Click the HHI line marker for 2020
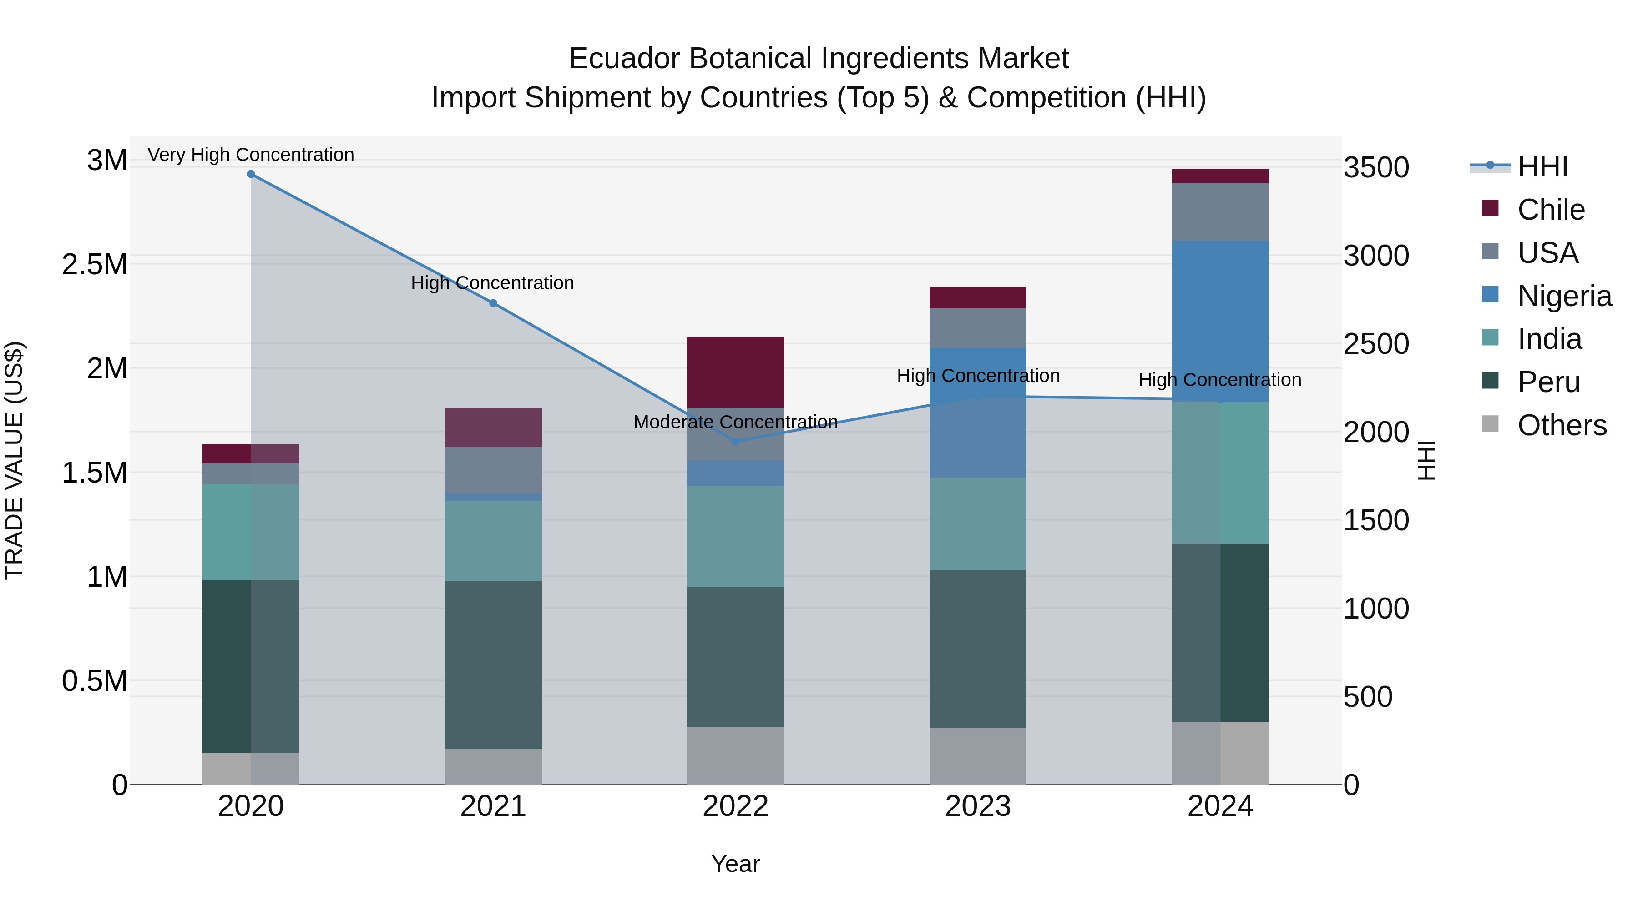(251, 174)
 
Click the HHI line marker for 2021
(493, 303)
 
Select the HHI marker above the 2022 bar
(736, 441)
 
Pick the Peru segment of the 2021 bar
(493, 664)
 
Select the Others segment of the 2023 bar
(977, 756)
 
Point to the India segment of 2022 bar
(736, 536)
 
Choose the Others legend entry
(1561, 425)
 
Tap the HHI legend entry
(1542, 166)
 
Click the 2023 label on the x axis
(977, 806)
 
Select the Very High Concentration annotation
(251, 155)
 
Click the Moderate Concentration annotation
(736, 422)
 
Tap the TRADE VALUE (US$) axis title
(14, 460)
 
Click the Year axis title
(736, 864)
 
